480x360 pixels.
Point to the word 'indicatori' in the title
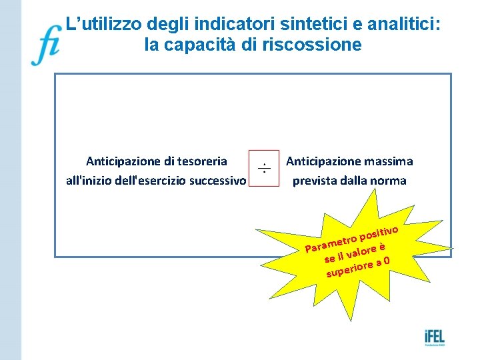(225, 25)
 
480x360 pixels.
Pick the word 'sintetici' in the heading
(304, 25)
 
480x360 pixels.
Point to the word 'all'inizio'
(90, 181)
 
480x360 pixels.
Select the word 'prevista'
(316, 181)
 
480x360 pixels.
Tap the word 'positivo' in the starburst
(379, 232)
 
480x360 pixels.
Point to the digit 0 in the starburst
(387, 260)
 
